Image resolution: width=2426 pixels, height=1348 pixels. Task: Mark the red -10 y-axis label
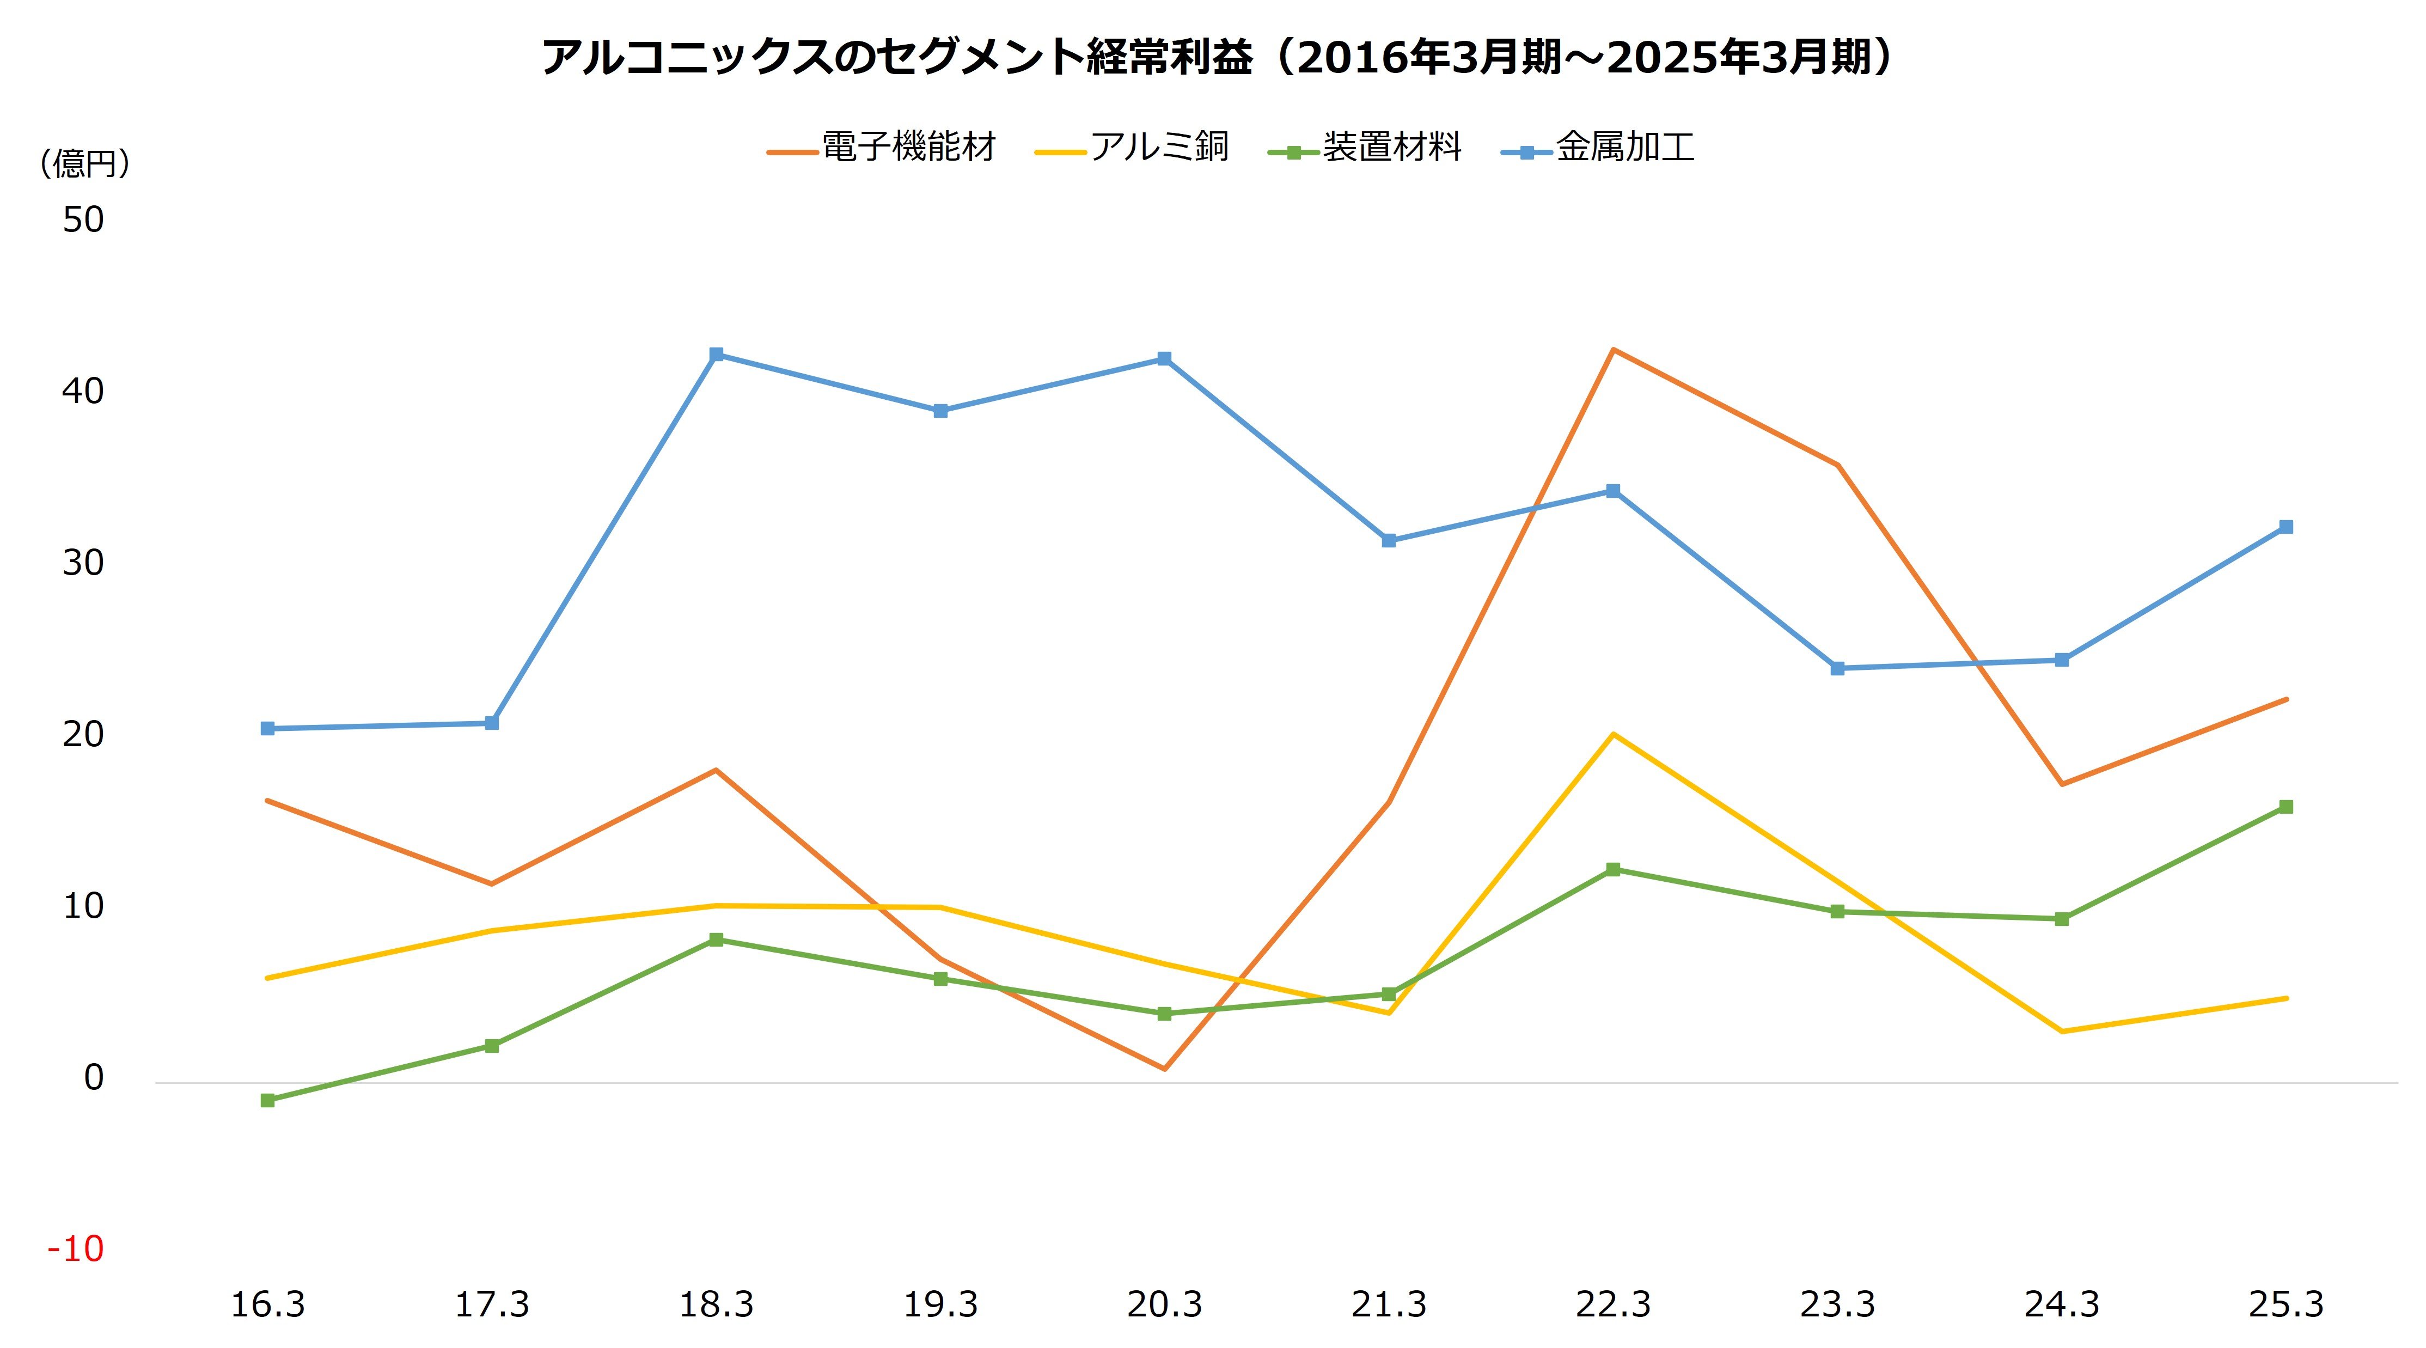click(75, 1249)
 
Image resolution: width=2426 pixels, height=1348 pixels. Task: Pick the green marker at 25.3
click(2286, 807)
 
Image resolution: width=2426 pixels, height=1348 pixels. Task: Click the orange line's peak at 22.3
click(1614, 350)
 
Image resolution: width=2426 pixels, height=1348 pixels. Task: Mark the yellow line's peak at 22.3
click(1614, 734)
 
